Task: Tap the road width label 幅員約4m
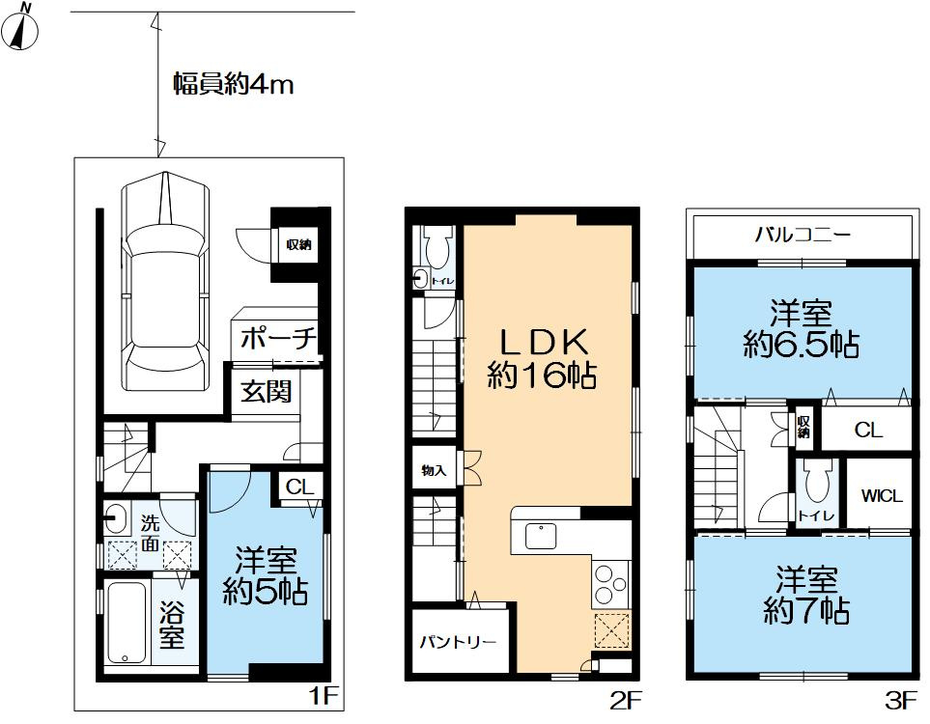(233, 85)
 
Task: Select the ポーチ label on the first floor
(277, 339)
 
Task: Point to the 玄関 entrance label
(267, 392)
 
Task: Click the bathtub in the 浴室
(126, 622)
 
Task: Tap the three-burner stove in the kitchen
(610, 583)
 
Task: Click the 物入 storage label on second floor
(433, 470)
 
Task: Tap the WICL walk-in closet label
(881, 497)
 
